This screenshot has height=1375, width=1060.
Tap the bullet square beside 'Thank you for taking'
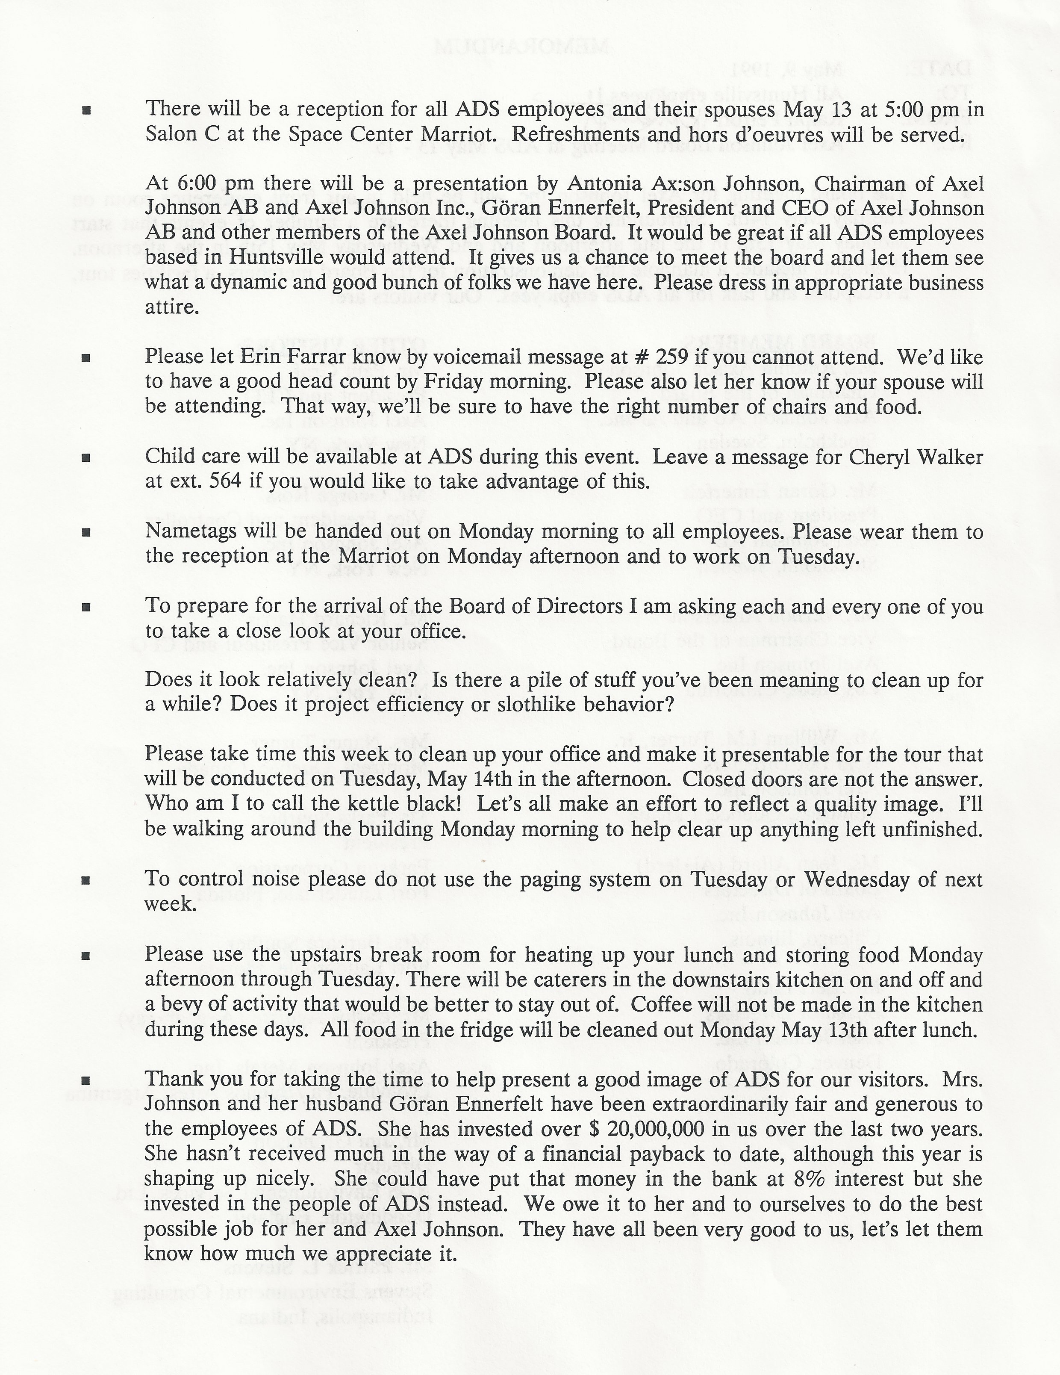click(x=87, y=1080)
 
